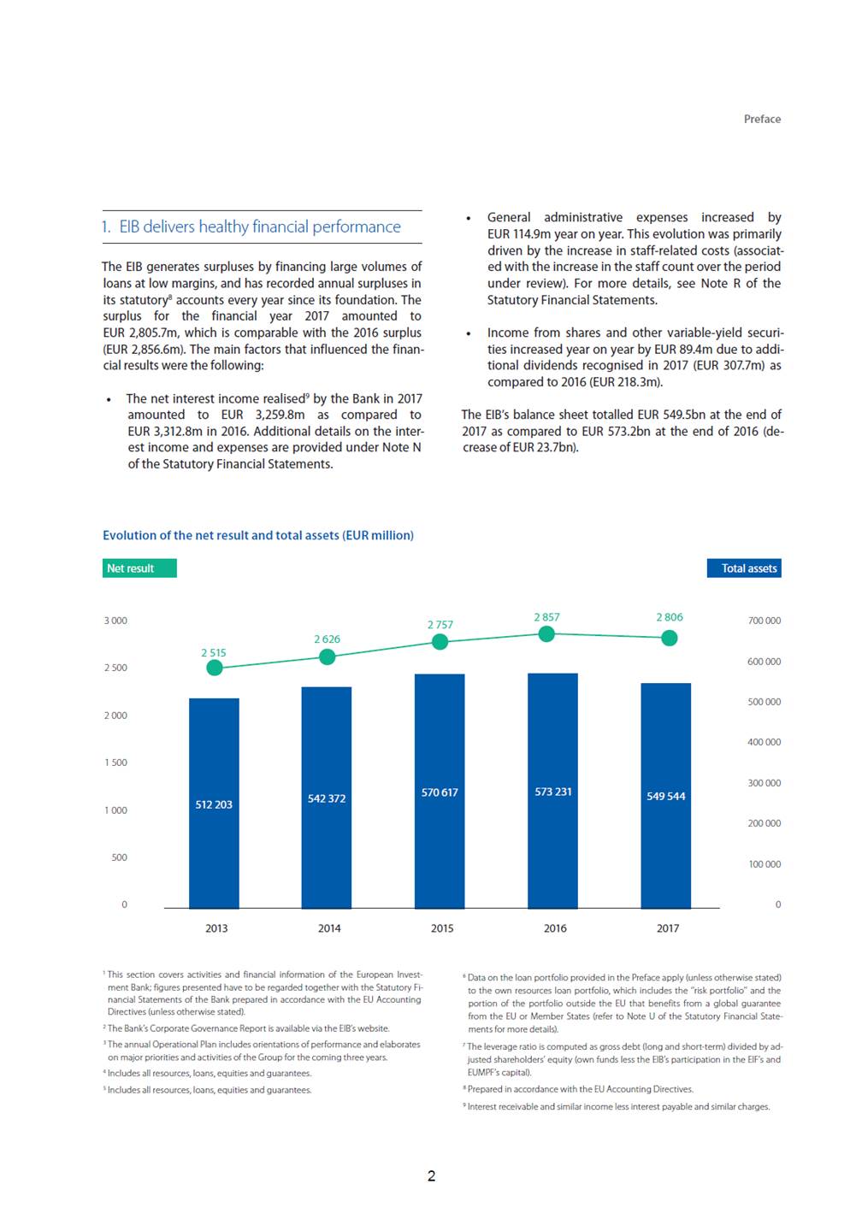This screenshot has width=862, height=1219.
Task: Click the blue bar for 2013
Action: click(x=214, y=804)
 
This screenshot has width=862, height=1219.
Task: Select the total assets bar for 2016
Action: click(x=552, y=791)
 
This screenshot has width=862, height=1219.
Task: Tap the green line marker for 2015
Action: click(x=440, y=642)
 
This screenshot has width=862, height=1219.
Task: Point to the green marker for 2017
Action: click(x=669, y=638)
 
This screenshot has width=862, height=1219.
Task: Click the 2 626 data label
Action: click(x=327, y=639)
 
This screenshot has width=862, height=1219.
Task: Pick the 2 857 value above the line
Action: click(x=546, y=617)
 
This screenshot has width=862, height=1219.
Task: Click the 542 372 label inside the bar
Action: click(x=326, y=798)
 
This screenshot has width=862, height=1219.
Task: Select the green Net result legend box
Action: click(x=139, y=568)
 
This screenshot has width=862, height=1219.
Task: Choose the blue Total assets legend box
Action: click(x=743, y=568)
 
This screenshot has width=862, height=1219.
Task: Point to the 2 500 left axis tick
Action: click(x=115, y=668)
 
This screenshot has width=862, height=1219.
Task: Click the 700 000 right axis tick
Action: click(x=764, y=621)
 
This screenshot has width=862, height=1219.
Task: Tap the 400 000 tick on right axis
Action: click(x=764, y=742)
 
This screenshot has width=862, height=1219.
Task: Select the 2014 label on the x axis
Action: click(x=329, y=928)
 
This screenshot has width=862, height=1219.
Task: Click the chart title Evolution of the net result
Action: click(x=258, y=535)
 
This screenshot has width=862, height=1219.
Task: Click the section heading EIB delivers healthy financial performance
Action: click(x=251, y=227)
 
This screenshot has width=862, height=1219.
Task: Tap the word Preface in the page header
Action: click(x=762, y=119)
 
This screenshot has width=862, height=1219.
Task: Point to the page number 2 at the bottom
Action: click(x=431, y=1176)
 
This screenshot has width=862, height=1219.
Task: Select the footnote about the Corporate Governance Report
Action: click(x=246, y=1028)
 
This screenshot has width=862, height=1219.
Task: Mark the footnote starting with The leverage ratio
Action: click(x=623, y=1059)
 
